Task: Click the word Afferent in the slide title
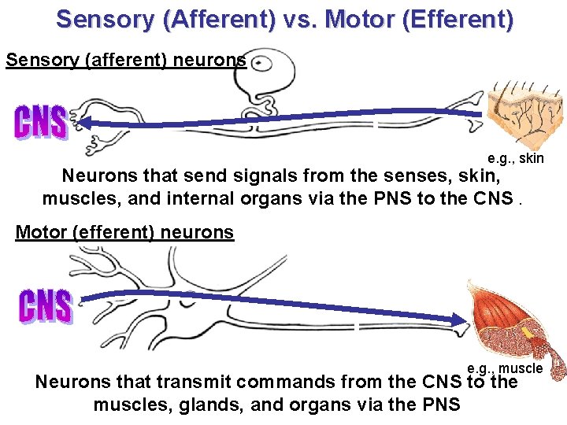(x=217, y=19)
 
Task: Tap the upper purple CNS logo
(x=41, y=122)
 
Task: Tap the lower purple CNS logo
(x=45, y=305)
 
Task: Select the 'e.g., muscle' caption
(x=505, y=368)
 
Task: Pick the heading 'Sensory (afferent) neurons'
(x=126, y=60)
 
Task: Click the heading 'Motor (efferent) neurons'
(x=124, y=232)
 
